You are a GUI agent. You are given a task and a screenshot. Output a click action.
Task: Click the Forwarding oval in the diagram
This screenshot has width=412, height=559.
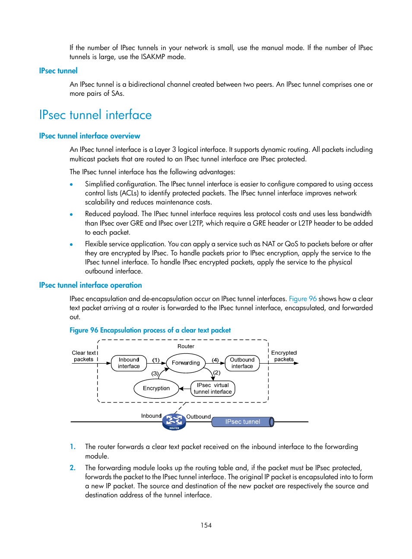[186, 363]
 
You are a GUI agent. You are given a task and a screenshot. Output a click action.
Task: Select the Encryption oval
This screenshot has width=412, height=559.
[156, 388]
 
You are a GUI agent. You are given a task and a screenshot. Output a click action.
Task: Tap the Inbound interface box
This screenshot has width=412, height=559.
[129, 363]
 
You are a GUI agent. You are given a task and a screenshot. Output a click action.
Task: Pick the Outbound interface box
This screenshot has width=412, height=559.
[242, 363]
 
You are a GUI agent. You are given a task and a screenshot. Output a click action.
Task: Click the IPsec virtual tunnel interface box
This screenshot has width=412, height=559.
[212, 388]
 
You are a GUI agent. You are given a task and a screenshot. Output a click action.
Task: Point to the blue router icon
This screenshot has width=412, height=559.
[174, 421]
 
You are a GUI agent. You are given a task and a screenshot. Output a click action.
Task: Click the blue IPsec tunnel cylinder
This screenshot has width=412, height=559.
[243, 422]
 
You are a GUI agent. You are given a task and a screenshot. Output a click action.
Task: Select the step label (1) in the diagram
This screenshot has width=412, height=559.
[156, 360]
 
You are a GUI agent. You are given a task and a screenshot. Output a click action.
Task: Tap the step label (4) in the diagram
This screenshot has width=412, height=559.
[215, 360]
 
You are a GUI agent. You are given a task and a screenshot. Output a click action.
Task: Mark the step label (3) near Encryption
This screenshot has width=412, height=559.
[155, 374]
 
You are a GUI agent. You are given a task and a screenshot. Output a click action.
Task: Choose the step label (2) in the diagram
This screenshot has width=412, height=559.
[216, 373]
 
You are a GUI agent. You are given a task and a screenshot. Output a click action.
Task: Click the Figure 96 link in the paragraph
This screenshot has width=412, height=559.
[303, 298]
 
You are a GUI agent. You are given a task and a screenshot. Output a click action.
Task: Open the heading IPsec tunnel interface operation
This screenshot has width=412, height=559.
[90, 285]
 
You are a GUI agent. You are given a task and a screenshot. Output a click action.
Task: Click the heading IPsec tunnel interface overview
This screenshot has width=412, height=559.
[89, 136]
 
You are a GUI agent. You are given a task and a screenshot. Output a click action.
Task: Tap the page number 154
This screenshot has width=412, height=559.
[206, 525]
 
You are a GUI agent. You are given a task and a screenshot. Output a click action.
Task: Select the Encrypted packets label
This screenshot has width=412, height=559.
[284, 356]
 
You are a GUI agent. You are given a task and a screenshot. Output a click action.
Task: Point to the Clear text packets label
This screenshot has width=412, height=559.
[83, 356]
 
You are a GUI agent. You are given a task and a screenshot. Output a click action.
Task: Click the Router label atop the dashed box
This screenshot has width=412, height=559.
[186, 346]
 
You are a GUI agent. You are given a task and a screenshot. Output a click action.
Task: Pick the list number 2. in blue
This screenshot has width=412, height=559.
[73, 468]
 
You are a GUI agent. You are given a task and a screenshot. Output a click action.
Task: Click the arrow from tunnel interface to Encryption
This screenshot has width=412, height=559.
[185, 389]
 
